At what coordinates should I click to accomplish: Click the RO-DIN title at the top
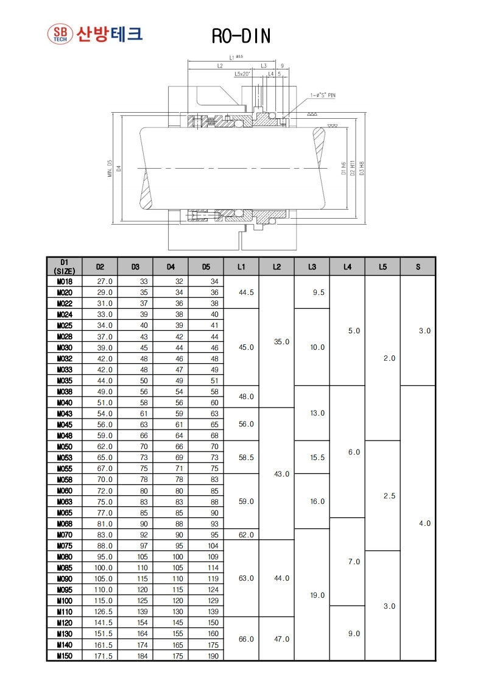pyautogui.click(x=241, y=37)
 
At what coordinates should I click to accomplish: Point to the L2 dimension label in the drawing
pyautogui.click(x=219, y=65)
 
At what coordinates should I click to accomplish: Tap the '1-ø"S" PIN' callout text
pyautogui.click(x=323, y=95)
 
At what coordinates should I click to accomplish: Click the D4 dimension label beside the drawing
pyautogui.click(x=119, y=168)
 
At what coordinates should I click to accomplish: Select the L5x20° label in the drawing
pyautogui.click(x=242, y=73)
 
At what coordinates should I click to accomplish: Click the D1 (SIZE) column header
pyautogui.click(x=64, y=266)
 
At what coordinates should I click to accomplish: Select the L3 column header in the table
pyautogui.click(x=312, y=266)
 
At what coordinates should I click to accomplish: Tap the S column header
pyautogui.click(x=418, y=266)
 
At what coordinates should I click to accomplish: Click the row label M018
pyautogui.click(x=64, y=281)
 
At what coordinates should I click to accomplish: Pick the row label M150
pyautogui.click(x=64, y=656)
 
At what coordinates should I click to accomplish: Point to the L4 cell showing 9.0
pyautogui.click(x=353, y=634)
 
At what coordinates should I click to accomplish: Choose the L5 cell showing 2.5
pyautogui.click(x=389, y=496)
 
